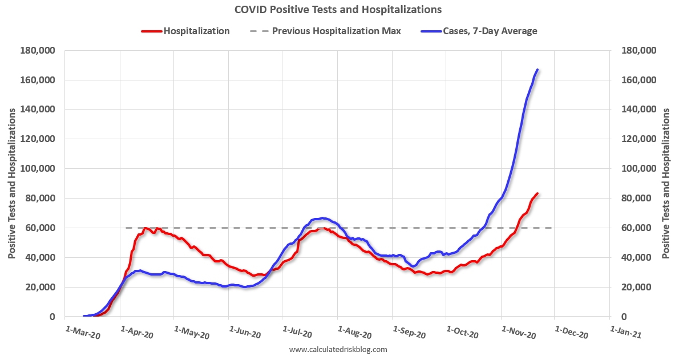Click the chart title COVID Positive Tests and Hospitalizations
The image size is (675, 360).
click(337, 10)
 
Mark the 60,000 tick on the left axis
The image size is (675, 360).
click(41, 228)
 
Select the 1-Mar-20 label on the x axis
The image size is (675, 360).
click(83, 333)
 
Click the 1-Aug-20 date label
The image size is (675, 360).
click(355, 333)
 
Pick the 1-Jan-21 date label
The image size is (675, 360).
click(626, 333)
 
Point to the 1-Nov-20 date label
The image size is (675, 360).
click(518, 333)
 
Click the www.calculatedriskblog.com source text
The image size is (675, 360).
click(338, 349)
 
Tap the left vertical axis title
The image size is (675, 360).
click(11, 183)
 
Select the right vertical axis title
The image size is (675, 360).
click(665, 183)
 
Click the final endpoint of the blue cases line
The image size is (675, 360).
click(537, 70)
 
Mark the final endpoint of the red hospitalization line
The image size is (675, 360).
click(537, 193)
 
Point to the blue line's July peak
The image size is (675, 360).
click(322, 218)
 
